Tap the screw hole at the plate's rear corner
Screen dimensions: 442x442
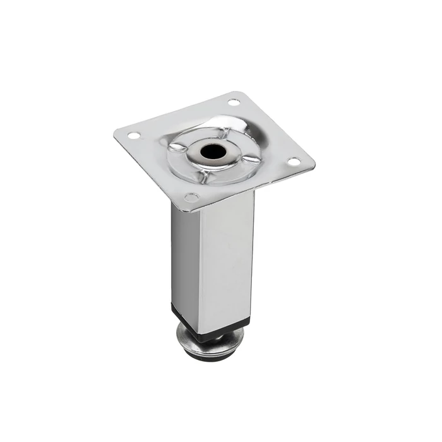233,102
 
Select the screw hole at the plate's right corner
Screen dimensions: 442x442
292,162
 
